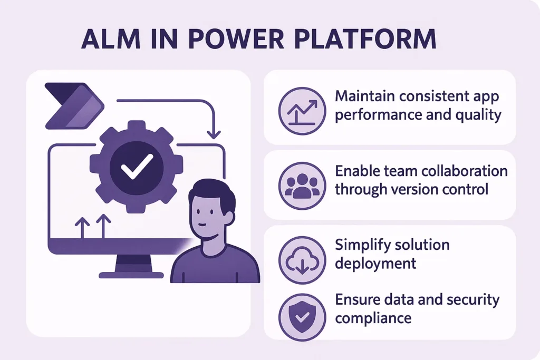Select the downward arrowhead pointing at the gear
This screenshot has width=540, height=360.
214,132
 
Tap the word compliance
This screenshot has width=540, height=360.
373,318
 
